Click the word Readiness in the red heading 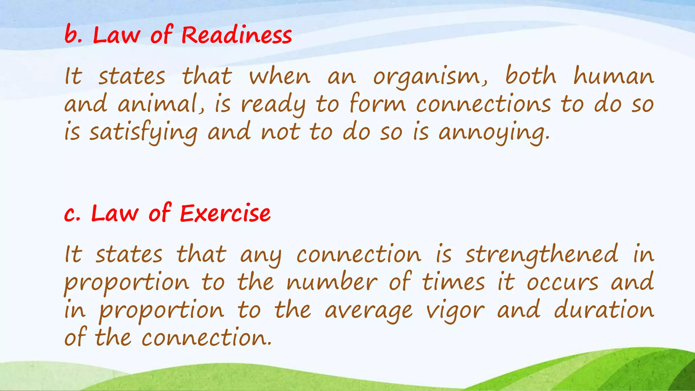[237, 35]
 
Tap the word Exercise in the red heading [225, 214]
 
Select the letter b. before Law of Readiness [73, 35]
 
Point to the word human [614, 76]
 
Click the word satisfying [143, 133]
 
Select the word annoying [493, 133]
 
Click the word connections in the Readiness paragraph [484, 104]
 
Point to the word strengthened [542, 255]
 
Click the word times [454, 282]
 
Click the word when [280, 76]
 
